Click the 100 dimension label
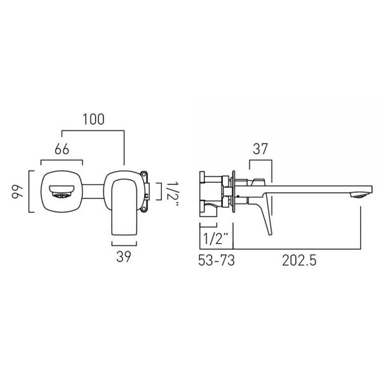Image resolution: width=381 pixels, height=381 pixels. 94,119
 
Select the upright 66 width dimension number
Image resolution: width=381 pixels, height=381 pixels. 62,149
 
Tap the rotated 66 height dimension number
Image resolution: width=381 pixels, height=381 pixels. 17,192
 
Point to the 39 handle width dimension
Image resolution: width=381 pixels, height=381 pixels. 124,257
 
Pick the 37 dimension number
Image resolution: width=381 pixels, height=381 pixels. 260,149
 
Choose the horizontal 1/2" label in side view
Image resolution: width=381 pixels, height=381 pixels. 216,238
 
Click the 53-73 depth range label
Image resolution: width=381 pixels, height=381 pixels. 217,260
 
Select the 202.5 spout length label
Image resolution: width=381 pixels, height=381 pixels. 299,260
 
